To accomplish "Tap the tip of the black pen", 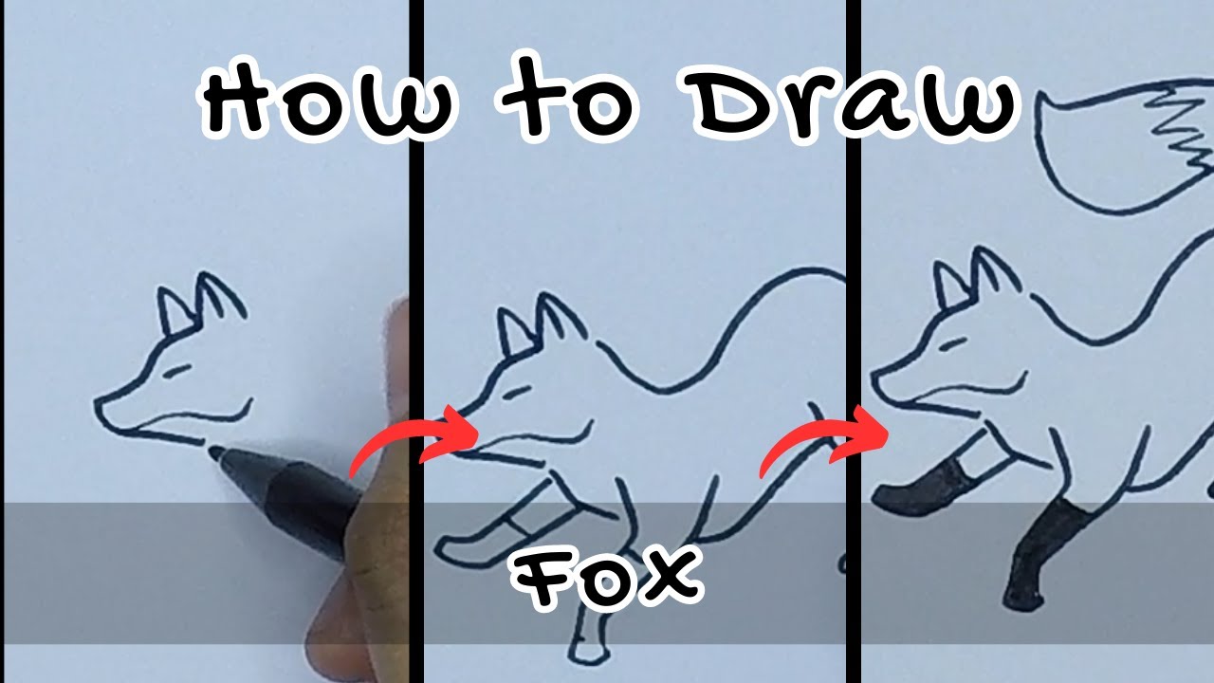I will point(214,453).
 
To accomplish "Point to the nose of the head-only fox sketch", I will point(100,408).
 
